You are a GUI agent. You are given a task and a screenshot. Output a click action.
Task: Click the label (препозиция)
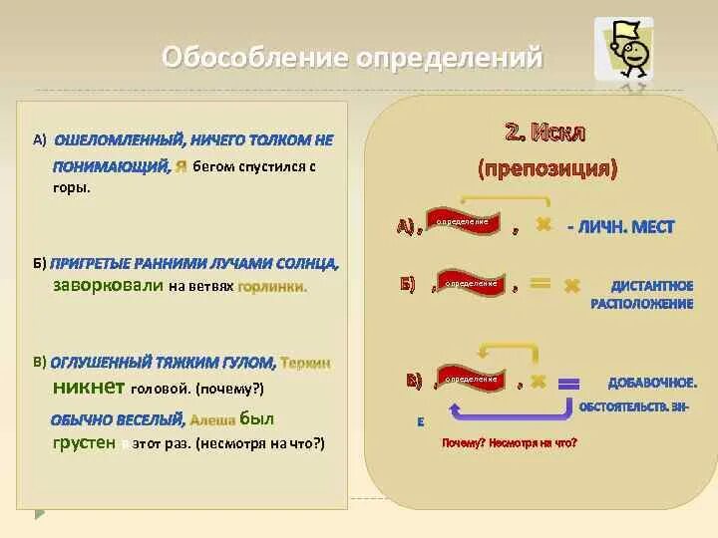click(547, 167)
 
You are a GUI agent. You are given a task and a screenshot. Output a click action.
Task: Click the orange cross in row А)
click(543, 226)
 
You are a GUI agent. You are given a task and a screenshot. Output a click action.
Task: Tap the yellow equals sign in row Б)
click(539, 284)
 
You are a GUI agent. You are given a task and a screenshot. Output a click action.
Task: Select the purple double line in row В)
click(568, 383)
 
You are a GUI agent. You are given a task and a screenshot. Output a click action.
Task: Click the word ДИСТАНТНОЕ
click(652, 286)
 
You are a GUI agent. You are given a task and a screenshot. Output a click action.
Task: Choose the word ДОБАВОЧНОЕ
click(652, 383)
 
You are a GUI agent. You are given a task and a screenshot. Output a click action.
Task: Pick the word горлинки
click(273, 287)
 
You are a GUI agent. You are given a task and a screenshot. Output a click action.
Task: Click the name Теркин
click(306, 364)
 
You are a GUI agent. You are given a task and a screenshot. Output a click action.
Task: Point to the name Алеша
click(213, 419)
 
